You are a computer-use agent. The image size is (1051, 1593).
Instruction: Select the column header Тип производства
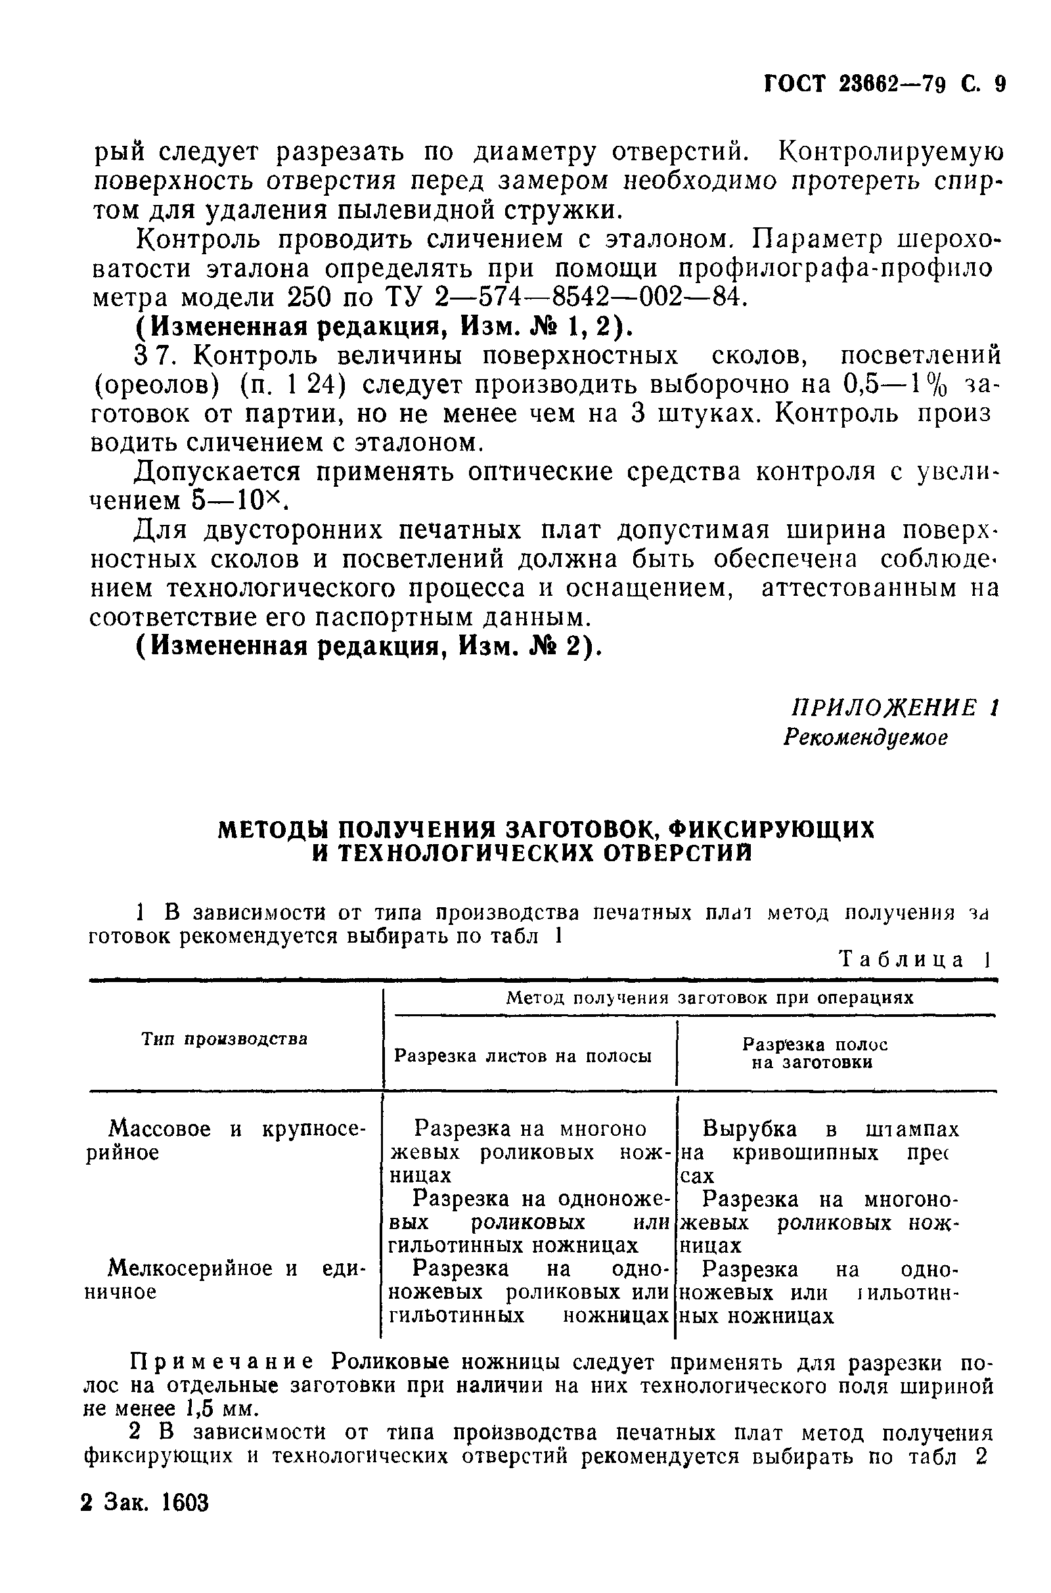(x=225, y=1039)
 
